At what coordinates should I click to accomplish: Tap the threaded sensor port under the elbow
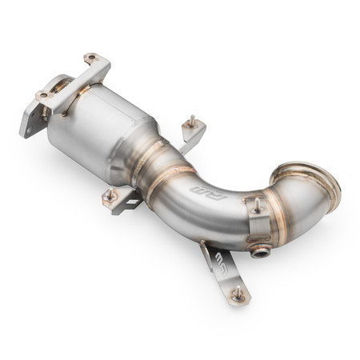[258, 253]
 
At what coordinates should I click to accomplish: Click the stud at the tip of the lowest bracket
[238, 295]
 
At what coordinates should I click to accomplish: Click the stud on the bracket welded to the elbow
[257, 205]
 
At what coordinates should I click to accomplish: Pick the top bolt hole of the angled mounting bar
[90, 58]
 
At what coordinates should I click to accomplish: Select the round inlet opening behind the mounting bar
[61, 83]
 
